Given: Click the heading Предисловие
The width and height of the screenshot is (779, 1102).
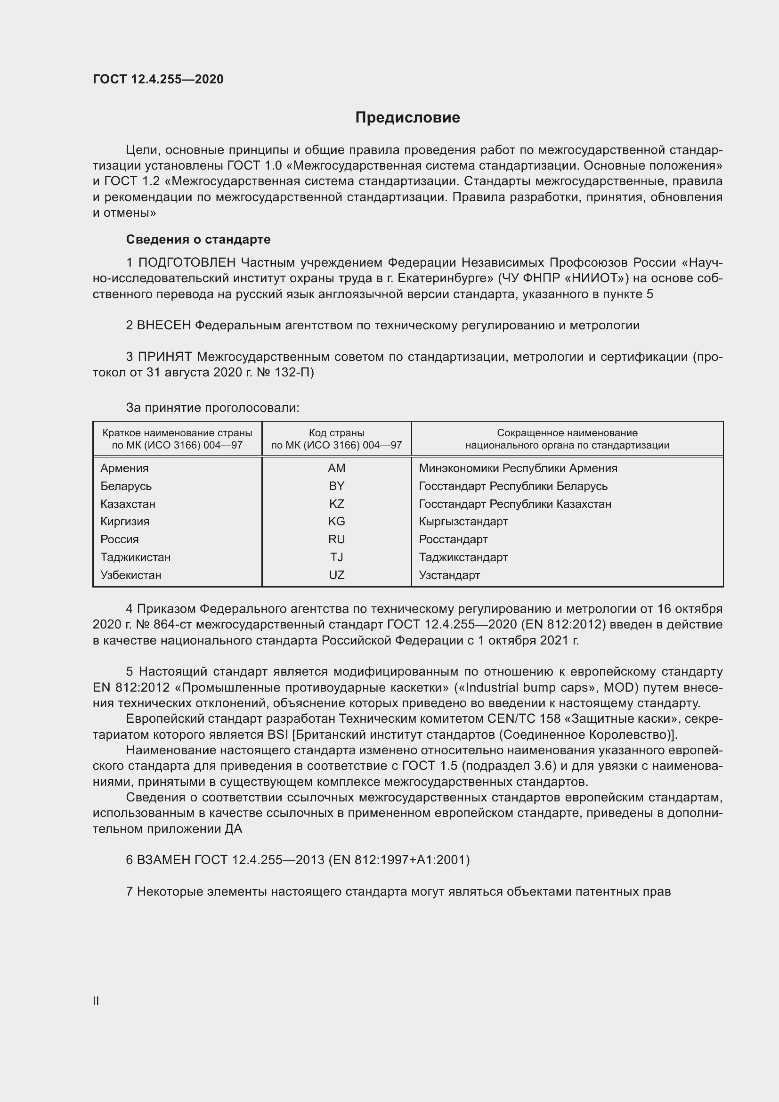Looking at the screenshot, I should coord(407,118).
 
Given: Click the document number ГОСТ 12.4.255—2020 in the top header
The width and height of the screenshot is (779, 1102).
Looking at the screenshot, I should coord(158,79).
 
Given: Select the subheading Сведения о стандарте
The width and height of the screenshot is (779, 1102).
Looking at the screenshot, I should coord(198,239).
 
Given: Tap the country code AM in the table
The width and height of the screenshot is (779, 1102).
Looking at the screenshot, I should coord(336,468).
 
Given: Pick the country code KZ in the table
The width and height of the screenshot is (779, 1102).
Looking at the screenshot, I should coord(336,504).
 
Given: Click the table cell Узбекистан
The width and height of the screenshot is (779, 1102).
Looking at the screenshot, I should coord(130,575).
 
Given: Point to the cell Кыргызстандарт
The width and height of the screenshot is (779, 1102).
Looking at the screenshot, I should coord(463,521).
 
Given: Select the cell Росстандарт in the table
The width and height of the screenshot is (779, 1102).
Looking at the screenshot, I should coord(453,539).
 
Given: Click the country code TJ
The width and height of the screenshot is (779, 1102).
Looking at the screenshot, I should coord(336,557).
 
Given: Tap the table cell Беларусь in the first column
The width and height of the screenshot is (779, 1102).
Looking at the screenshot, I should coord(126,486).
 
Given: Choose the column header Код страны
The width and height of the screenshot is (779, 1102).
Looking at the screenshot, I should coord(336,433).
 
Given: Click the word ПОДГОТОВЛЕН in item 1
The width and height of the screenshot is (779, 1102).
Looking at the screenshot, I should coord(187,262).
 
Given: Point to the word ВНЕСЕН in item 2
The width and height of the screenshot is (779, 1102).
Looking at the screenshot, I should coord(164,326).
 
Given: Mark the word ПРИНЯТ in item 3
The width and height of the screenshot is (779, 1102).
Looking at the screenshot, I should coord(165,357).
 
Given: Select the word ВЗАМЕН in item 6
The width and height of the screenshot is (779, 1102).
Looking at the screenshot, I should coord(163,860).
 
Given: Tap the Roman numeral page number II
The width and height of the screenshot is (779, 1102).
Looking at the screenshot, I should coord(96,1001).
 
